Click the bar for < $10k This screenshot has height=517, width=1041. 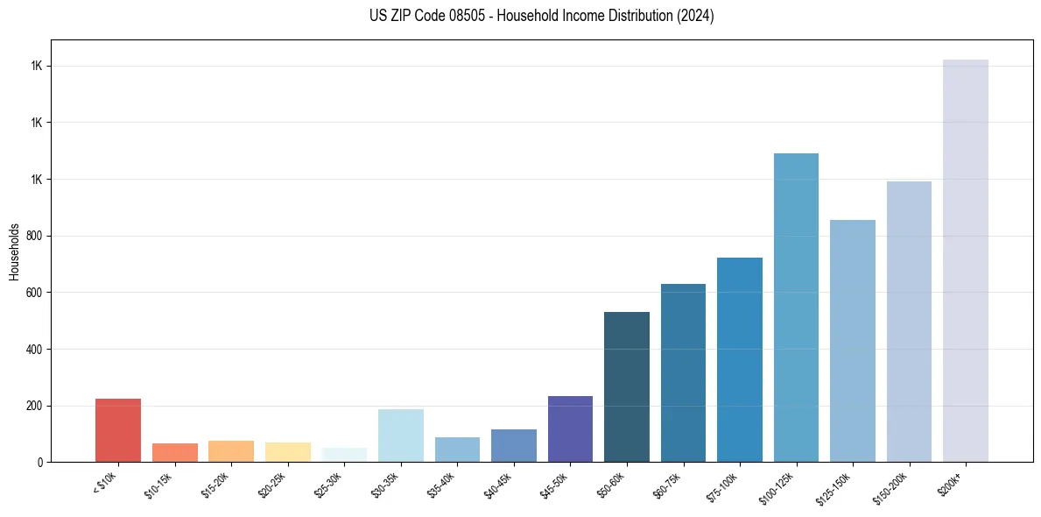pos(118,430)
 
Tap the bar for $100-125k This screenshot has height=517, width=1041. pos(796,308)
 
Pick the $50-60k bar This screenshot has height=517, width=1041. pos(627,386)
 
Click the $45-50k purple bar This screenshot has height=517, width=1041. pos(570,428)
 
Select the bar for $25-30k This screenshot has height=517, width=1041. pos(344,455)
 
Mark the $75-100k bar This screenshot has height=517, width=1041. pos(740,359)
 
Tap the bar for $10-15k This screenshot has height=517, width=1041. pos(175,452)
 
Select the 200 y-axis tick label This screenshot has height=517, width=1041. pos(37,406)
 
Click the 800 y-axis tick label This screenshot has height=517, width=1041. pos(37,236)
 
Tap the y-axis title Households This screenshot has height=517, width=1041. pos(14,251)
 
